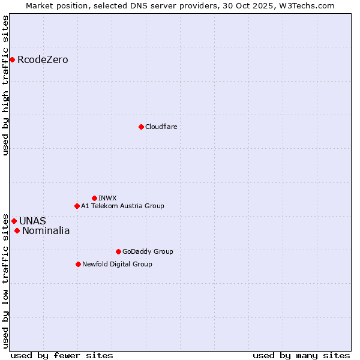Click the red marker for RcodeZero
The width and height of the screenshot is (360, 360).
pos(12,59)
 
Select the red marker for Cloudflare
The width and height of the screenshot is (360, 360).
pos(141,127)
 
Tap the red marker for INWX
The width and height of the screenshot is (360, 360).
pos(94,198)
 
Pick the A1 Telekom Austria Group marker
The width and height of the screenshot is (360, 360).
pos(77,206)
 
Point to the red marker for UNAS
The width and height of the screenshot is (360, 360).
pos(14,221)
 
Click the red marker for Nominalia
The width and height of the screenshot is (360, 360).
pos(17,230)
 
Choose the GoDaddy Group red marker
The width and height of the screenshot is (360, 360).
pos(118,251)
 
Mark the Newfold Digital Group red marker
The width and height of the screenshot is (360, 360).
pos(78,264)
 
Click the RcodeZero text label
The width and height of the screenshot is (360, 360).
pos(43,59)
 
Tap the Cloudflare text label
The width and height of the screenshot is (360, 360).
pos(161,127)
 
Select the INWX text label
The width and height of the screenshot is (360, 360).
pos(107,198)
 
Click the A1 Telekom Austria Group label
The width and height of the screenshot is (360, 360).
pos(122,206)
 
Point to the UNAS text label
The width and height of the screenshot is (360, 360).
pos(32,221)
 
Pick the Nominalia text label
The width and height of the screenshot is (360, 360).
pos(46,230)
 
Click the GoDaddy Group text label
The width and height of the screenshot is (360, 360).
pos(147,251)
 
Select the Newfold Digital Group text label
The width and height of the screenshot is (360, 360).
pos(117,264)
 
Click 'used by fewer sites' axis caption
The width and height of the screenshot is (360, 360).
pos(62,355)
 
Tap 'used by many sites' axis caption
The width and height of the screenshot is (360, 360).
pos(301,355)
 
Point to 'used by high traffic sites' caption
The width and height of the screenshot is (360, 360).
pos(6,86)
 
